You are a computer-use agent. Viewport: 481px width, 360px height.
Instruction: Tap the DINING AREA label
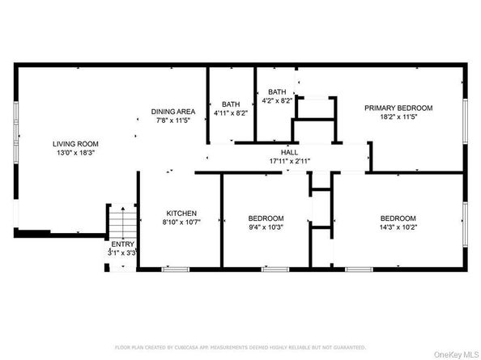[172, 110]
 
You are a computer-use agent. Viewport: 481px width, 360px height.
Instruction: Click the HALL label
[289, 151]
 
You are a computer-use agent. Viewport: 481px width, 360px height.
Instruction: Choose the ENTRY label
[123, 244]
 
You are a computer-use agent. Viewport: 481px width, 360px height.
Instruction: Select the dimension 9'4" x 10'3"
[266, 227]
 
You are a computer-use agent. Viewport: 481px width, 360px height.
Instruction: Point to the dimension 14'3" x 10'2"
[398, 227]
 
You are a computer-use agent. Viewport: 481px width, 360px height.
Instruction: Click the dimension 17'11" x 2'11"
[289, 160]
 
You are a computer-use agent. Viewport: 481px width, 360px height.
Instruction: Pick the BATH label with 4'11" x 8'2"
[232, 104]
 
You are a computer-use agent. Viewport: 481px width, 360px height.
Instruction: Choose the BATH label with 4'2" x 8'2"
[278, 92]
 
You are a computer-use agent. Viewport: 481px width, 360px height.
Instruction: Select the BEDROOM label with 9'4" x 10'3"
[266, 218]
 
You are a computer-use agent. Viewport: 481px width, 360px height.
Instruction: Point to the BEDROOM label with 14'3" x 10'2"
[398, 218]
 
